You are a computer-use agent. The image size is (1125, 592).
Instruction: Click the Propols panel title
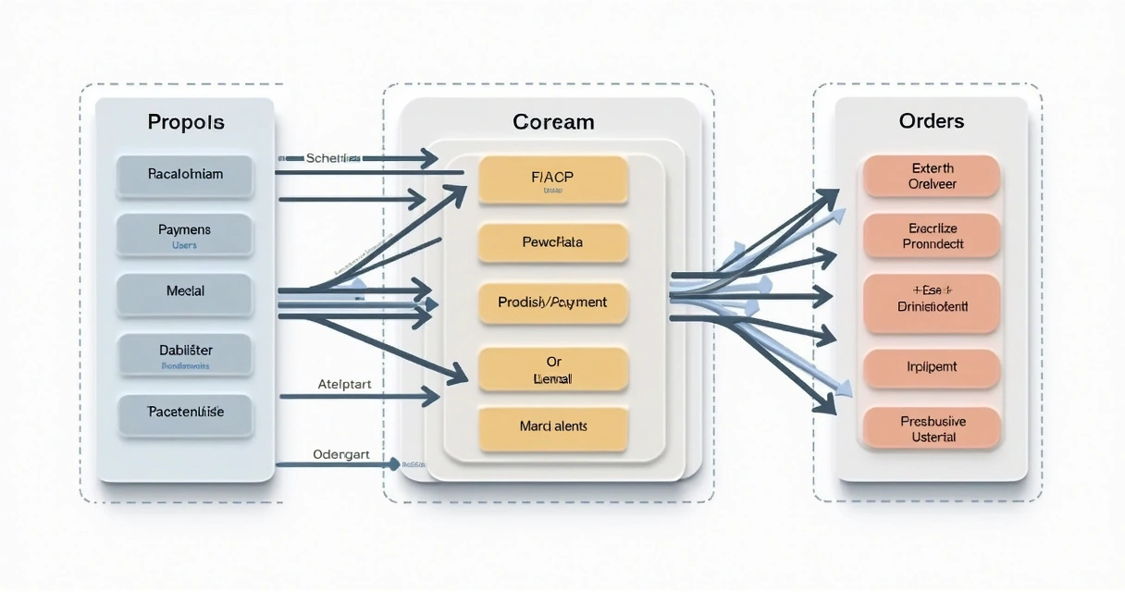point(185,122)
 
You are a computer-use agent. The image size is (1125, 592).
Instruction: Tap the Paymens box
point(185,235)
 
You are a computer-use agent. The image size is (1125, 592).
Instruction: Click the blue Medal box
point(185,291)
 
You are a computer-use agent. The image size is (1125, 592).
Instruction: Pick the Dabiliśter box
point(185,355)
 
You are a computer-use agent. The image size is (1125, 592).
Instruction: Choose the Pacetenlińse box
point(185,413)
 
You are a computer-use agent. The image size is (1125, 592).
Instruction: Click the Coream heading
point(553,122)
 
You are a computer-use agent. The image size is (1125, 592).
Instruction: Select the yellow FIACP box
point(553,179)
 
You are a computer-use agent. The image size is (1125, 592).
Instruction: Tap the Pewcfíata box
point(553,242)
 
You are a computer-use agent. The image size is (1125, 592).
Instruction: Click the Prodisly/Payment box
point(553,302)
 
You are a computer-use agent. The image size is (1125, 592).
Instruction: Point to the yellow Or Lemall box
point(553,369)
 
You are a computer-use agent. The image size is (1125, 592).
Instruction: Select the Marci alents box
point(553,427)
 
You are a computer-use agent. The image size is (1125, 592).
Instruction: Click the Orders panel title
point(931,121)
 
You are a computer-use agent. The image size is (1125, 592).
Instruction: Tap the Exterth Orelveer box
point(931,176)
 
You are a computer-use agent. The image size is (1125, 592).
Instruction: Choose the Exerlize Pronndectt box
point(931,236)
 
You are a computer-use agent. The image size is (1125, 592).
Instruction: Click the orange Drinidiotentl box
point(931,302)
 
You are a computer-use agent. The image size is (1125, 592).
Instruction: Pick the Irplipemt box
point(931,367)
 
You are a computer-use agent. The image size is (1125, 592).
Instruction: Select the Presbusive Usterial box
point(931,428)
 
